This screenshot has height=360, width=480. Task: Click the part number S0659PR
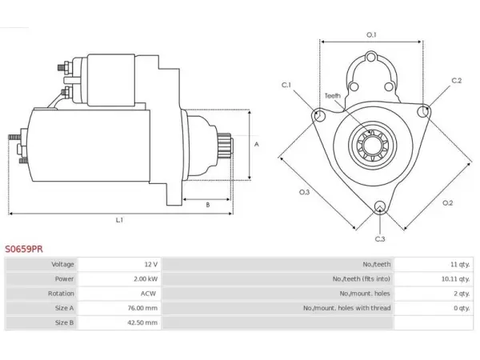tap(24, 249)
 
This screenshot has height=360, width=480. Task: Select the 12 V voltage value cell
tap(120, 264)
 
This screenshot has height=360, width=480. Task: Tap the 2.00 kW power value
tap(146, 279)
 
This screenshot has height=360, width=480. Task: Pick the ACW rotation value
tap(148, 294)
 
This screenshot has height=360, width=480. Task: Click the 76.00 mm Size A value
tap(142, 308)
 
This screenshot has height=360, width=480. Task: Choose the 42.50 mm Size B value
tap(142, 322)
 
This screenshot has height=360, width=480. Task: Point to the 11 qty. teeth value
tap(460, 264)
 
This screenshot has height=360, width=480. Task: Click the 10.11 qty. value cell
tap(433, 279)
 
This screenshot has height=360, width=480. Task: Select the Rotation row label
tap(61, 294)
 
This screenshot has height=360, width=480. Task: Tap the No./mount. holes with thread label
tap(347, 308)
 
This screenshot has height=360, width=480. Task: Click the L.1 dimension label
tap(119, 220)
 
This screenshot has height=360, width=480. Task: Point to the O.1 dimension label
tap(371, 35)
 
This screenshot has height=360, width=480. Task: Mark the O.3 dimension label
tap(304, 192)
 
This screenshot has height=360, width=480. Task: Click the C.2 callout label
tap(457, 81)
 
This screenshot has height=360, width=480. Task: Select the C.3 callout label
tap(380, 238)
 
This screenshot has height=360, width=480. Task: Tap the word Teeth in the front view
tap(333, 96)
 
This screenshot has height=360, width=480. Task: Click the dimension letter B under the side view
tap(208, 205)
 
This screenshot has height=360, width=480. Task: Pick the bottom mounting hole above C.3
tap(380, 206)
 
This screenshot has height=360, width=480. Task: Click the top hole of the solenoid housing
tap(371, 58)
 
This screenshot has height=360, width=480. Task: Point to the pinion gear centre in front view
tap(373, 144)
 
